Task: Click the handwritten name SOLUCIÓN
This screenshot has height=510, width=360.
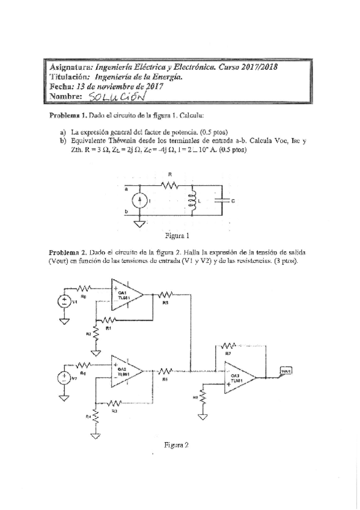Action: [116, 97]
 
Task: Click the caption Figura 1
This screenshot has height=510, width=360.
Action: [177, 235]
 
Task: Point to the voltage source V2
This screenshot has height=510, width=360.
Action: [63, 378]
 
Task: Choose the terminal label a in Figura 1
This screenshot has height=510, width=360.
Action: [126, 189]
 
